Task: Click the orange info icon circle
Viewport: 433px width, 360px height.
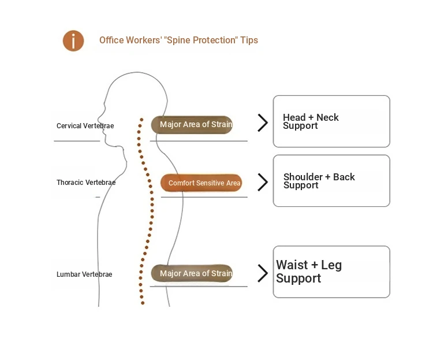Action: [73, 41]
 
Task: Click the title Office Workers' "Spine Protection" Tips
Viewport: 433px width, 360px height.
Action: [178, 40]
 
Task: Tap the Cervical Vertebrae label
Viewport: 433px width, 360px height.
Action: [85, 126]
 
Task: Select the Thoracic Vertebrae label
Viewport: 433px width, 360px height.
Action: [86, 183]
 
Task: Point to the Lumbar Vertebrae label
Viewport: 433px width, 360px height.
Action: [84, 274]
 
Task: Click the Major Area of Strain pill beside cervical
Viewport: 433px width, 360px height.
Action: [192, 125]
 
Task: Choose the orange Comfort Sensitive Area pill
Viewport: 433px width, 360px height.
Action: [201, 183]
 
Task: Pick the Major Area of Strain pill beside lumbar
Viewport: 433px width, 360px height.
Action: [192, 274]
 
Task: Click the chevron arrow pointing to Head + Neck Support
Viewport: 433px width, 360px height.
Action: [263, 123]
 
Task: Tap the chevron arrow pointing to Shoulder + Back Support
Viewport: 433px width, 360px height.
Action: [263, 183]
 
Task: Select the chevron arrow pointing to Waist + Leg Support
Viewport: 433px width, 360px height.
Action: [263, 273]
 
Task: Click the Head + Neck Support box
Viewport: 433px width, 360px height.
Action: [331, 121]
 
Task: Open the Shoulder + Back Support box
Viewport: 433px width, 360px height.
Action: [331, 181]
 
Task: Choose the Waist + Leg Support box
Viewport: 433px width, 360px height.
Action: [331, 272]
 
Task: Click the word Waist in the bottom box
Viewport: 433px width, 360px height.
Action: [292, 265]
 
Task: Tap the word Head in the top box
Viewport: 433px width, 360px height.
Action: [294, 117]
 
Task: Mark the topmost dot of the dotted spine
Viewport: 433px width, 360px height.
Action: [141, 120]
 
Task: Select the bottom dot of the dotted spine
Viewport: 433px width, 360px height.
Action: [142, 303]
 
